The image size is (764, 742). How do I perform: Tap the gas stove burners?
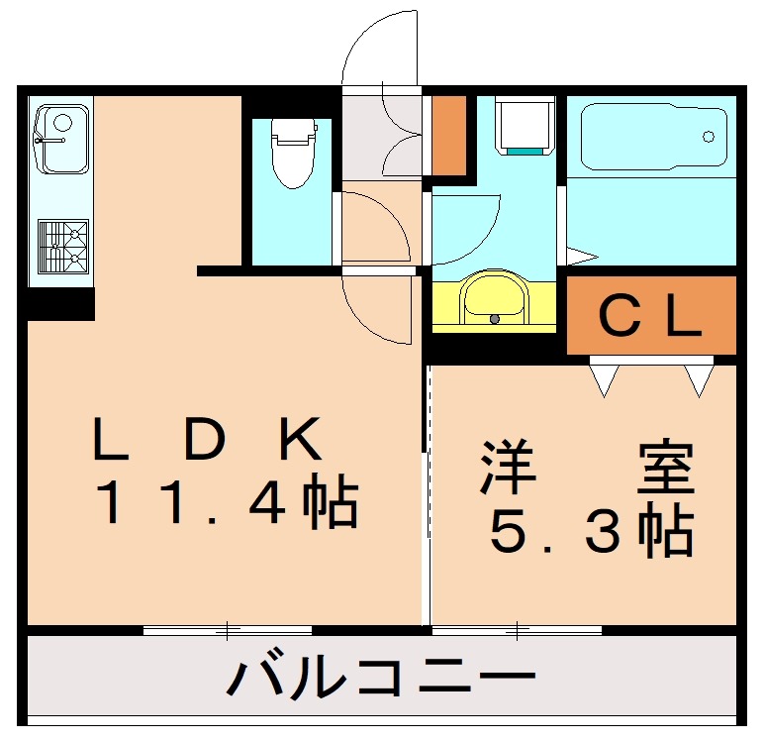pos(62,247)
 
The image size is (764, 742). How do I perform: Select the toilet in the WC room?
pos(293,154)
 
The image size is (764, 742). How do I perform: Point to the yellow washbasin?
pos(495,299)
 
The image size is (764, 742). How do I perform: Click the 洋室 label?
pos(587,469)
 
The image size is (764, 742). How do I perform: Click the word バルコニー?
pos(381,679)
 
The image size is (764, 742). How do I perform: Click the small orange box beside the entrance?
pos(449,134)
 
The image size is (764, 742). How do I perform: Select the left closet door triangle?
pos(604,378)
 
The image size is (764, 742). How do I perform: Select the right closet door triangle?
pos(699,378)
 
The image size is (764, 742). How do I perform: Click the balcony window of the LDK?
pos(228,629)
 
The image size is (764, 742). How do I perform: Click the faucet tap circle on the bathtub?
pos(709,137)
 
